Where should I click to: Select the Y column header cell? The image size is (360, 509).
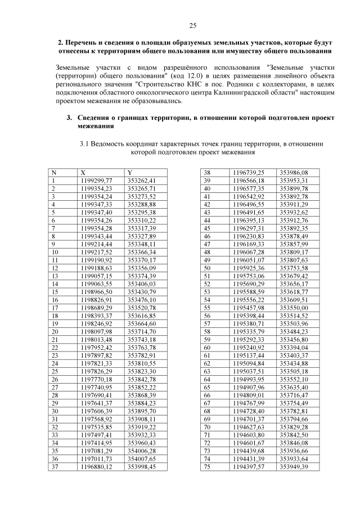pyautogui.click(x=130, y=172)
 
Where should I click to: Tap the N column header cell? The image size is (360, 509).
pyautogui.click(x=54, y=172)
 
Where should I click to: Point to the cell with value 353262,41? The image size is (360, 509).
pyautogui.click(x=141, y=181)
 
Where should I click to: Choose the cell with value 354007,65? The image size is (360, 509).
pyautogui.click(x=141, y=458)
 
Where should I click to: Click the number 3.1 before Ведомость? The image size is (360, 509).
pyautogui.click(x=85, y=144)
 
